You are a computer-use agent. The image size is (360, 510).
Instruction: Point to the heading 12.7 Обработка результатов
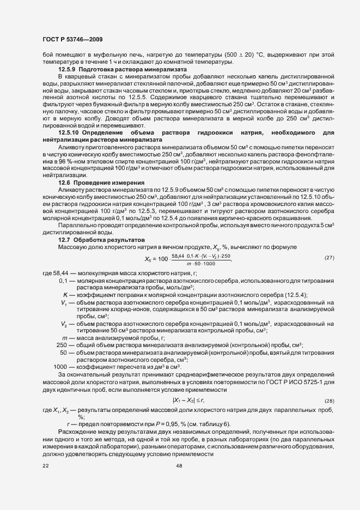point(101,240)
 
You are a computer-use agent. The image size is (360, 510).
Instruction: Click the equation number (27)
point(328,257)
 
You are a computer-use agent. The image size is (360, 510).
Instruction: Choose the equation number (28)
point(328,400)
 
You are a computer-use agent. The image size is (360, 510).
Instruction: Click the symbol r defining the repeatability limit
point(68,424)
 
